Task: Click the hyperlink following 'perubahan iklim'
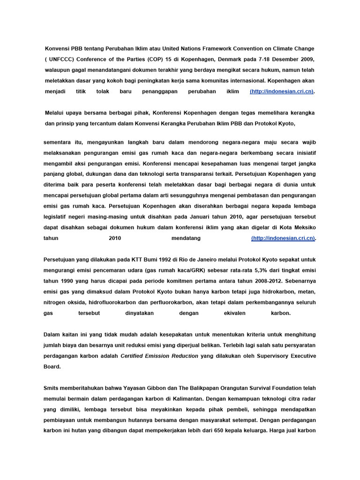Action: click(282, 91)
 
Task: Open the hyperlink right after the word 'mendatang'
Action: click(283, 238)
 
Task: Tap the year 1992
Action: click(150, 259)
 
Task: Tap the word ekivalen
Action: click(235, 313)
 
